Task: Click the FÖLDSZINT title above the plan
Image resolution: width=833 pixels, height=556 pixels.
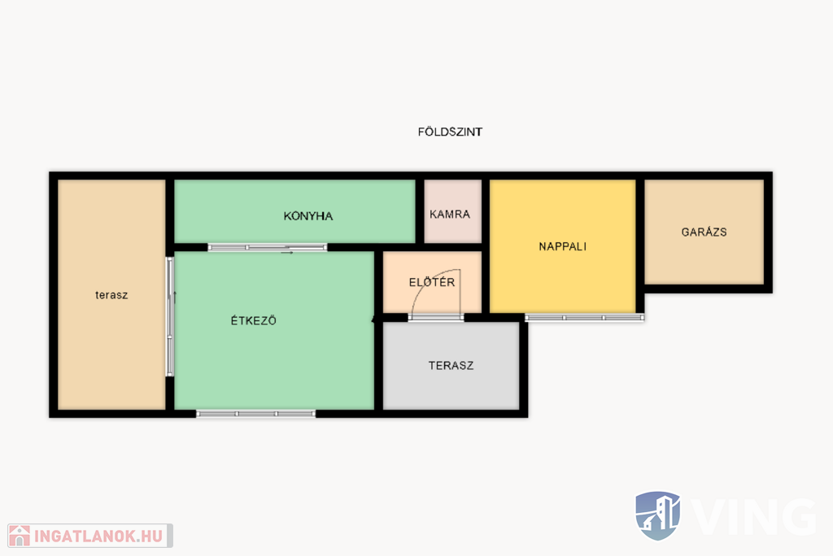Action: (450, 131)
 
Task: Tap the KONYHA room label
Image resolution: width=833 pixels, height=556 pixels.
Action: (308, 215)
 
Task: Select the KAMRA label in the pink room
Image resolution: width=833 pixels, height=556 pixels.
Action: (450, 214)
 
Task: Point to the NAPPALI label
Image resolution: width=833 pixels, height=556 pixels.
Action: (563, 246)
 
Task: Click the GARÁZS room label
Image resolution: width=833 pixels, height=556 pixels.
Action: (704, 232)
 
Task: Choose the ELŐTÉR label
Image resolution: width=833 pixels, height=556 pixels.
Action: (432, 282)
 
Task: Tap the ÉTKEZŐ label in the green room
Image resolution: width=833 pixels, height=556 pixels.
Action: (254, 320)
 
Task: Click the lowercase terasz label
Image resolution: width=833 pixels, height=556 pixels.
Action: (111, 295)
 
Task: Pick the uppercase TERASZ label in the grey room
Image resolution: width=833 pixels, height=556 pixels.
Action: (451, 365)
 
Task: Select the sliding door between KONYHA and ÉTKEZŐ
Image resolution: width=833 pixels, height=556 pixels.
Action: (267, 247)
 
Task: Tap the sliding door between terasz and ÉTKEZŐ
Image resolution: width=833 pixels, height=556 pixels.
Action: (170, 316)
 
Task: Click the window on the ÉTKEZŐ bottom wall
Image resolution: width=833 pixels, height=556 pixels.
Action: (256, 414)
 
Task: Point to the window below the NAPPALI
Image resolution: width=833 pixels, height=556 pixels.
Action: (584, 318)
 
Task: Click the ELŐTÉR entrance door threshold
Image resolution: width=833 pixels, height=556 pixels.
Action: (436, 318)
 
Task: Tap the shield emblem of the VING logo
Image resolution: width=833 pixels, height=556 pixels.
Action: (657, 515)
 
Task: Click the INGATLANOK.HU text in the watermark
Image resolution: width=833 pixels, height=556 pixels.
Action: (98, 536)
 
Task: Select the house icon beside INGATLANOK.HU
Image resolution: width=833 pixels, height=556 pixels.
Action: (20, 536)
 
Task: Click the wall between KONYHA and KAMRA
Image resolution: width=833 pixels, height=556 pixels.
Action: (420, 211)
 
